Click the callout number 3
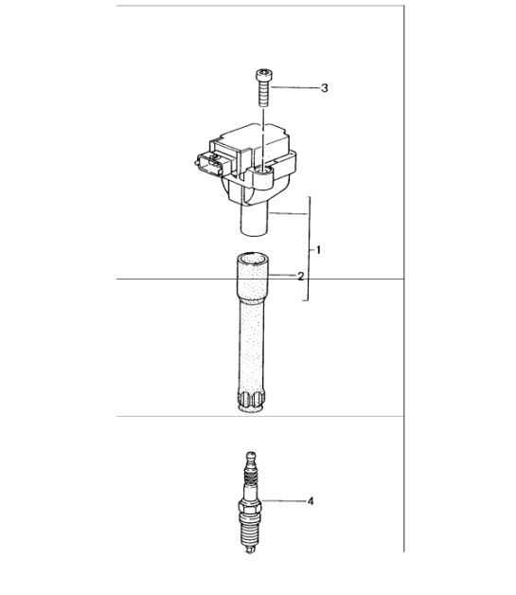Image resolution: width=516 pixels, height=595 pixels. (x=324, y=88)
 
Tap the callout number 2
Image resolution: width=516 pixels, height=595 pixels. (x=300, y=277)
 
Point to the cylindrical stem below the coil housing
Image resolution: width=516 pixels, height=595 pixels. (x=254, y=224)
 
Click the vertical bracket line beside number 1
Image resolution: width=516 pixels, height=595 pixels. (x=309, y=251)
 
